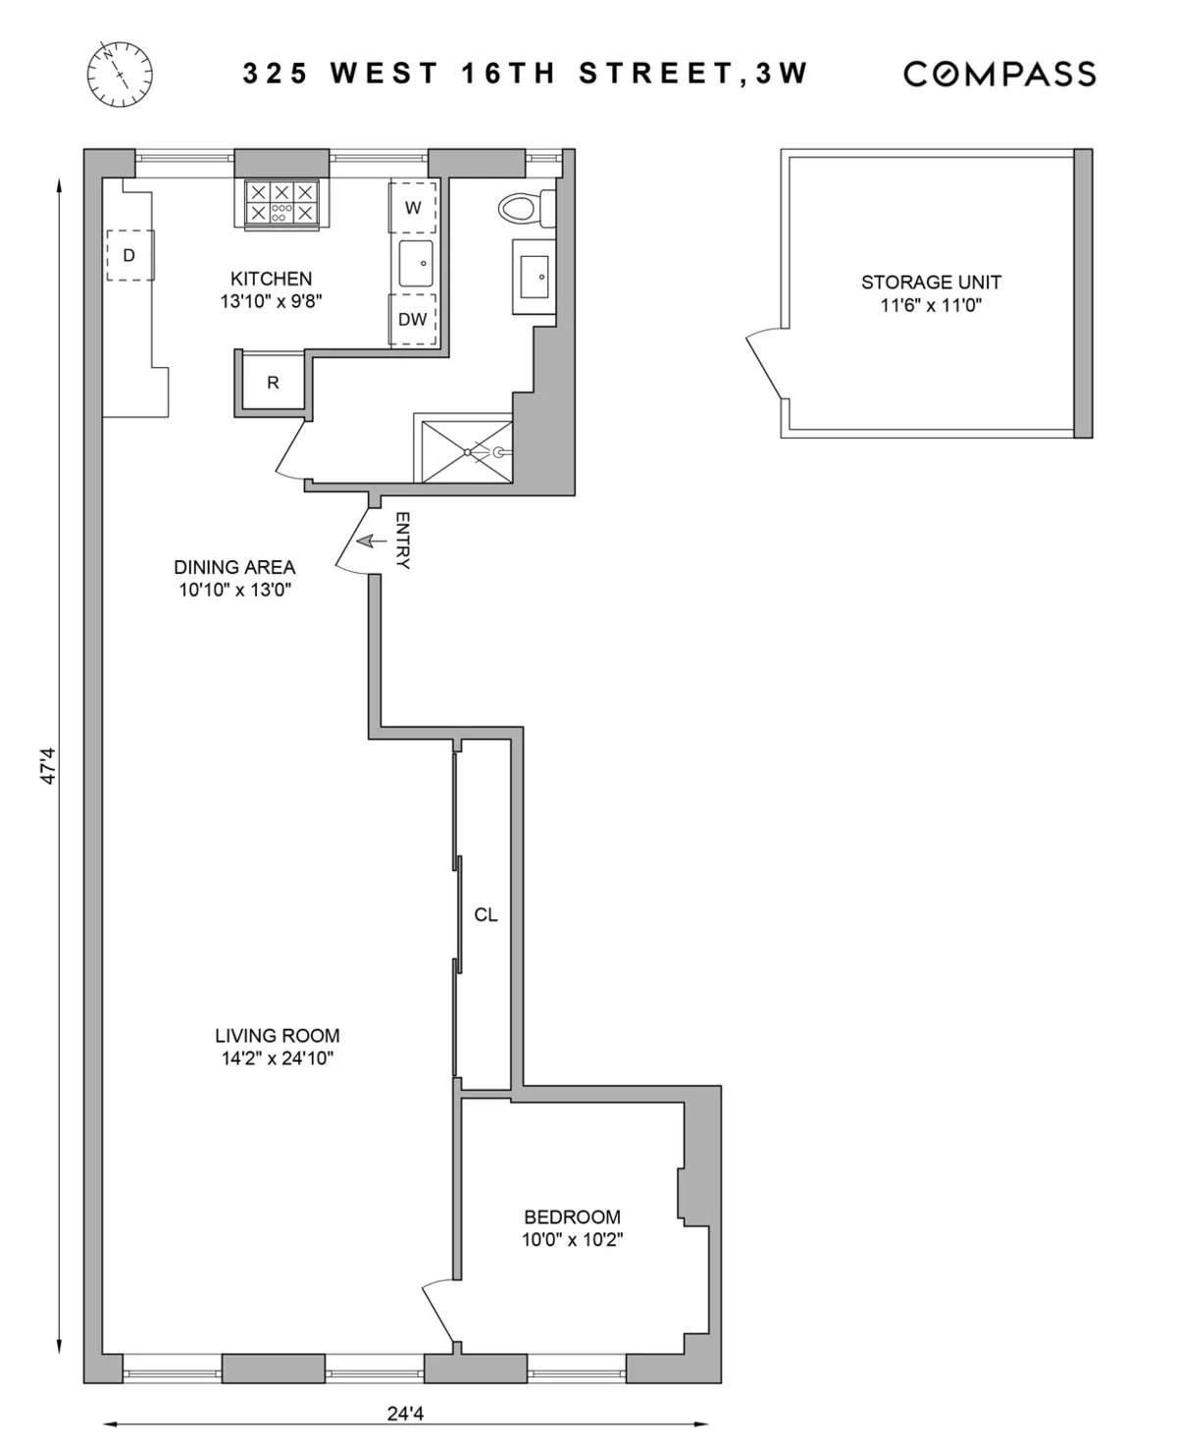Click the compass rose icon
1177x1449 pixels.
click(x=120, y=75)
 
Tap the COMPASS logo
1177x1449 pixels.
click(x=998, y=75)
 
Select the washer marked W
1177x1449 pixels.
click(x=413, y=207)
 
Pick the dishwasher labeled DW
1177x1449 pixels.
click(x=413, y=319)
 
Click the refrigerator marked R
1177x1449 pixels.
click(x=273, y=383)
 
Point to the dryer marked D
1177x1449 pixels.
click(x=129, y=255)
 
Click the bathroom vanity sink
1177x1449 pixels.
click(x=535, y=278)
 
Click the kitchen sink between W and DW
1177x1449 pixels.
click(x=416, y=263)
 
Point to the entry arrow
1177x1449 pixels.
click(x=371, y=541)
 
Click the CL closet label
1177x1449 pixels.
click(x=486, y=914)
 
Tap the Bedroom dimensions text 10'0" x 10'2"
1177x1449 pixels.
click(x=572, y=1239)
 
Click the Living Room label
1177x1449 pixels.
click(x=278, y=1035)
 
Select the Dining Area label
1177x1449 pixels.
click(x=234, y=566)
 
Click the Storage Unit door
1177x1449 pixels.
click(x=765, y=363)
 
